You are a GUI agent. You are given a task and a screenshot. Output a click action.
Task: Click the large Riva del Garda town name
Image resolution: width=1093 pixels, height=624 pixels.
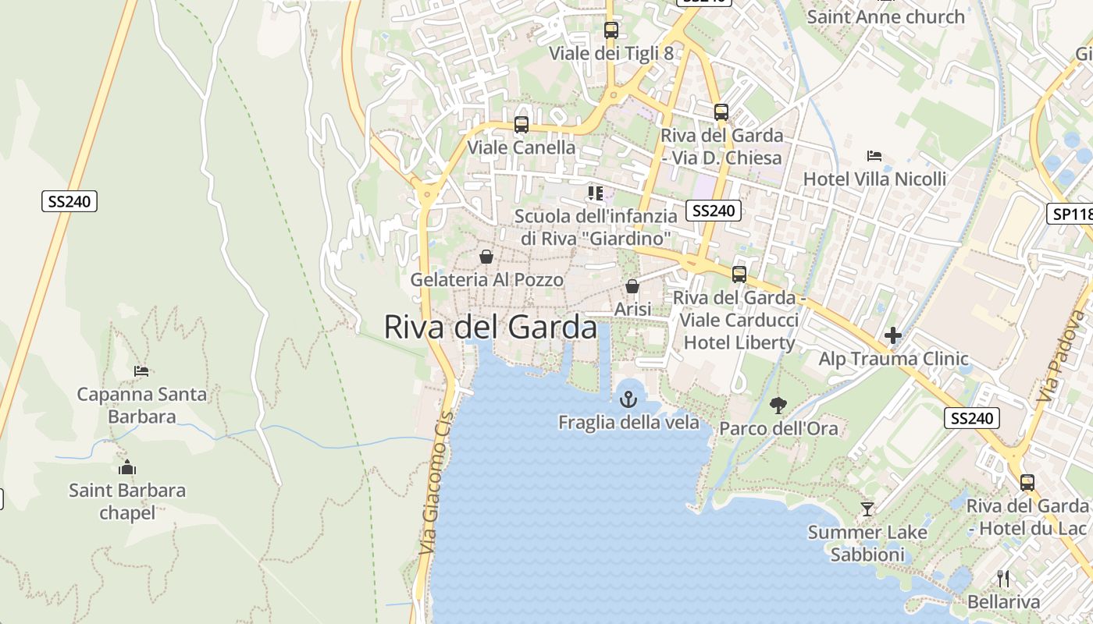coord(490,328)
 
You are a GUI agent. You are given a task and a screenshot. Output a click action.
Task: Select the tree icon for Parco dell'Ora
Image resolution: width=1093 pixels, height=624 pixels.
coord(778,405)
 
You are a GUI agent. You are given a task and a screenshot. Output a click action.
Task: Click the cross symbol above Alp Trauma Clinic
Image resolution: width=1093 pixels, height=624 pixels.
coord(893,336)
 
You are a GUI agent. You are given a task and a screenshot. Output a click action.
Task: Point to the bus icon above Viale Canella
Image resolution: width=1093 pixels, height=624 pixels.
coord(521,124)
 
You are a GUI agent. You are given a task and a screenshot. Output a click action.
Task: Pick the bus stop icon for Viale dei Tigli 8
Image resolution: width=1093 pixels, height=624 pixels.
coord(611,30)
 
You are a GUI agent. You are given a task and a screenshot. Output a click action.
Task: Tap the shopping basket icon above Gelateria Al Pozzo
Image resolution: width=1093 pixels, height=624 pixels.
coord(486,257)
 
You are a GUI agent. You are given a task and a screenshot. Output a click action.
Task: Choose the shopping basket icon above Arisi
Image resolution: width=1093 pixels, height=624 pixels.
coord(632,286)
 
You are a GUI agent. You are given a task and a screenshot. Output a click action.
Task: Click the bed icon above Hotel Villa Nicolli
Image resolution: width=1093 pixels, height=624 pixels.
coord(874,156)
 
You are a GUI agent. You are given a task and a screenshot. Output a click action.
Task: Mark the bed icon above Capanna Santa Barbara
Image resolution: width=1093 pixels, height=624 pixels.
coord(141,370)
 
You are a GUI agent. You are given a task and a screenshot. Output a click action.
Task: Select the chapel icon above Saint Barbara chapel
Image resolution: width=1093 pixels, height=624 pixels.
coord(127,467)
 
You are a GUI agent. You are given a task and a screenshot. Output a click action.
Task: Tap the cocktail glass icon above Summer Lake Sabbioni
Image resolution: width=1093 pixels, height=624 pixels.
coord(867,509)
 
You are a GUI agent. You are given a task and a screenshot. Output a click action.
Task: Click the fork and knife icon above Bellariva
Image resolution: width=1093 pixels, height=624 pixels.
coord(1003,579)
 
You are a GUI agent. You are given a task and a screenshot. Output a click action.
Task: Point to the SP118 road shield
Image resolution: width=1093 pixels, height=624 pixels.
coord(1070,214)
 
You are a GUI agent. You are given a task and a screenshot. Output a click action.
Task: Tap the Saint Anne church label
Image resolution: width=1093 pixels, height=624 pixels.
coord(885,16)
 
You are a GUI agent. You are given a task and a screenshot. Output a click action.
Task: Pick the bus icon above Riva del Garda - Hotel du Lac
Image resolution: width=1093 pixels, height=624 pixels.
coord(1027,483)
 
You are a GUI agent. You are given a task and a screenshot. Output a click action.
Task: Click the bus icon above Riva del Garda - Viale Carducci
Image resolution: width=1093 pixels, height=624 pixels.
coord(739,275)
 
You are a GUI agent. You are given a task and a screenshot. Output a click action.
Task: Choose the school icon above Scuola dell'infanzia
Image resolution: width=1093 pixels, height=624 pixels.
coord(596,193)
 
